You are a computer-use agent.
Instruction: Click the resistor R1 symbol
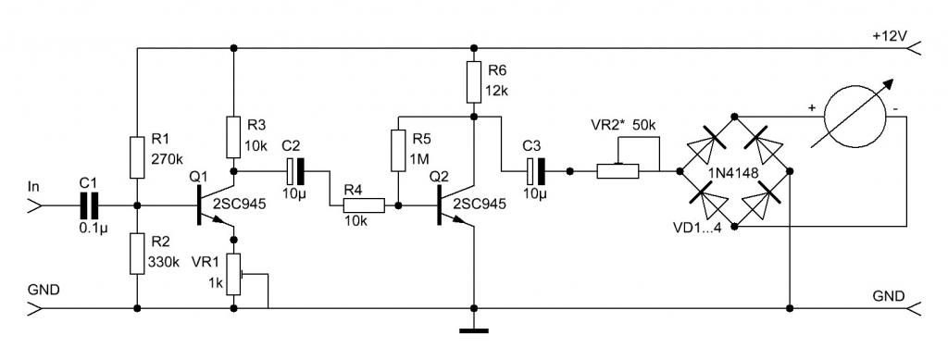137,157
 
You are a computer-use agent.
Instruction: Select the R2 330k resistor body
137,254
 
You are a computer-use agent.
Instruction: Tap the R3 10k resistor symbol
234,138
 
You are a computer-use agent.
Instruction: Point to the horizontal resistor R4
364,205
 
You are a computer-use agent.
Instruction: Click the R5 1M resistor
398,150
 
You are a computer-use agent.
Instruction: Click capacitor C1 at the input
88,205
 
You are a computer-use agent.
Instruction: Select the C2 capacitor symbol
295,171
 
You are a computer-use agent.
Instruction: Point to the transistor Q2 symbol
455,205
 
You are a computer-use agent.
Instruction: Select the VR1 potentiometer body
234,275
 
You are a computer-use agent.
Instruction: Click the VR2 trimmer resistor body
617,171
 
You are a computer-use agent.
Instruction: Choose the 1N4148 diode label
732,171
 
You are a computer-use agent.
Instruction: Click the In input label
33,187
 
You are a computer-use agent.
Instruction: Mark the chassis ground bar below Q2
474,330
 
